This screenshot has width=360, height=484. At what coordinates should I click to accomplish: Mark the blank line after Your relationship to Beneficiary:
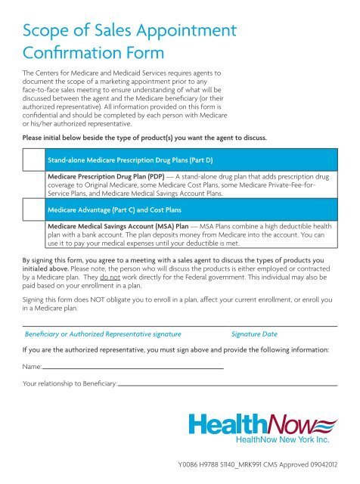pos(227,385)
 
